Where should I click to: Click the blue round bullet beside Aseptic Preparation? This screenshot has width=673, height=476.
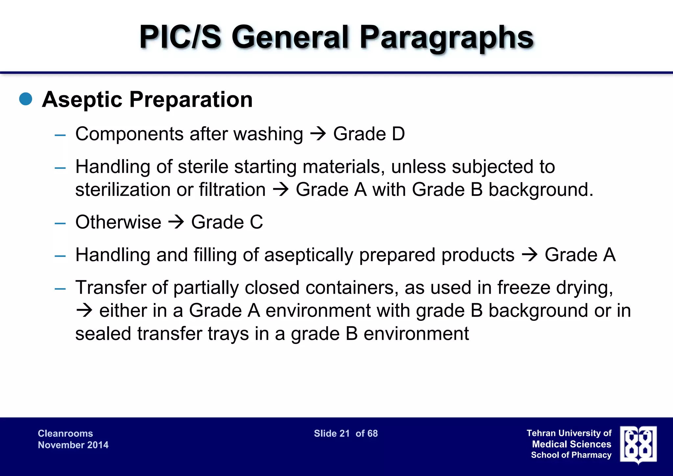26,99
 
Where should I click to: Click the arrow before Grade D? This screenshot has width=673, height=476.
318,134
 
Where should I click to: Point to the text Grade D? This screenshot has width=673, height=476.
369,134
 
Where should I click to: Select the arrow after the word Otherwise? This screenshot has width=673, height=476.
176,222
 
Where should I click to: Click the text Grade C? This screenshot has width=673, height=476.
227,222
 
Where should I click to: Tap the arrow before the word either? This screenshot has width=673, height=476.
84,311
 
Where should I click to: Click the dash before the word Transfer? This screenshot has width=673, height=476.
60,289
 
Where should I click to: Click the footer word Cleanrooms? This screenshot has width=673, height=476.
65,433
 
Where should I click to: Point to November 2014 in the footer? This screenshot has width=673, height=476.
73,445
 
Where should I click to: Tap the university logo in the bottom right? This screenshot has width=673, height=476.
638,445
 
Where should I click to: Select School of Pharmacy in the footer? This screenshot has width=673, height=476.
571,455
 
